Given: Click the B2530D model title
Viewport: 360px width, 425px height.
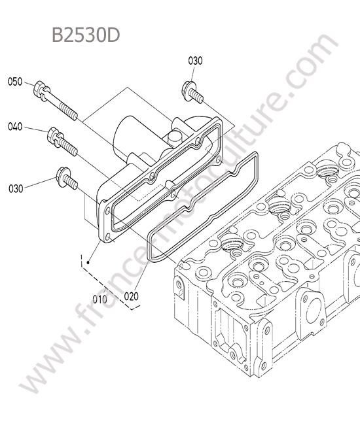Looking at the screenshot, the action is tap(86, 35).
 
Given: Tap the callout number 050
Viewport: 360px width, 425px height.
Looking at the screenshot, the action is tap(15, 82).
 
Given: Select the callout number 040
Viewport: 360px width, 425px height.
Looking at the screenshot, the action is tap(15, 127).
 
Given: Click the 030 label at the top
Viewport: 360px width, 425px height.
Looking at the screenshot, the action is tap(195, 61).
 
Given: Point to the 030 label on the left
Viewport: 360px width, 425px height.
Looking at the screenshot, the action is tap(16, 188).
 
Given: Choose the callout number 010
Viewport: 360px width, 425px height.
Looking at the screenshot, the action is tap(100, 299).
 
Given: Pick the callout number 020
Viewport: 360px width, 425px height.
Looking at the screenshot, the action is tap(131, 296).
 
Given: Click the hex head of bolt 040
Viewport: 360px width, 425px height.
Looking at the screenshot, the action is tap(52, 134).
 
